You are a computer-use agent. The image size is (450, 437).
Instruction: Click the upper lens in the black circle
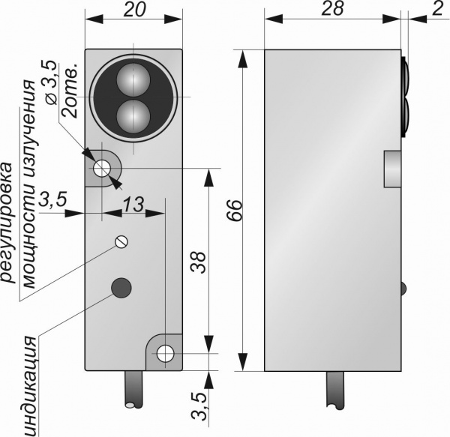click(133, 78)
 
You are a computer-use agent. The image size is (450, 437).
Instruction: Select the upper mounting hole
click(100, 169)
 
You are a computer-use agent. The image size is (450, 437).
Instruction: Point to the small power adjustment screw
click(121, 241)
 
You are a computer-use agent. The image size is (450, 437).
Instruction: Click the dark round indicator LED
click(120, 286)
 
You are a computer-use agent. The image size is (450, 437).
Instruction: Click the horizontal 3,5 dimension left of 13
click(54, 201)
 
